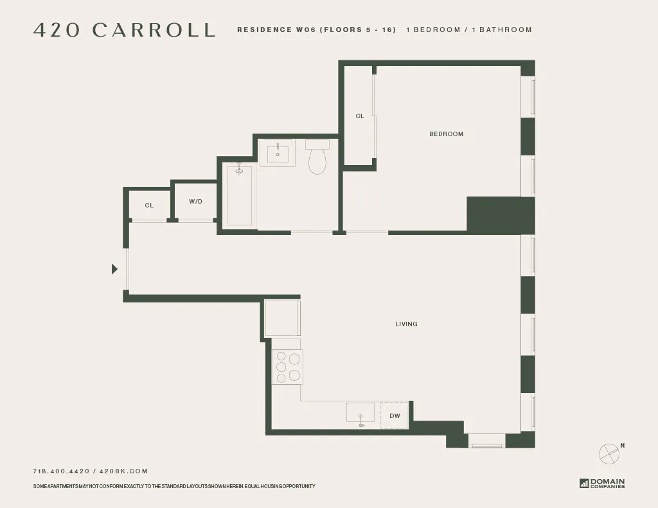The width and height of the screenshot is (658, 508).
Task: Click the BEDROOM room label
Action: click(x=446, y=134)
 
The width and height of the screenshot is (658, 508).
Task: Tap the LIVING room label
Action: click(x=406, y=324)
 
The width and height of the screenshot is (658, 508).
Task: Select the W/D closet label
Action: click(x=196, y=202)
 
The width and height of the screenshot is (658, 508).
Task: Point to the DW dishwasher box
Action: click(x=395, y=416)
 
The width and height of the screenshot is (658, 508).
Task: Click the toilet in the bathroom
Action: click(x=317, y=159)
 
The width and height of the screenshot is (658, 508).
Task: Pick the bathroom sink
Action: click(x=278, y=152)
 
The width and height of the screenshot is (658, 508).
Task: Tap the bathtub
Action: click(x=239, y=195)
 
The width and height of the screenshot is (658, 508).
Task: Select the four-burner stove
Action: click(x=287, y=367)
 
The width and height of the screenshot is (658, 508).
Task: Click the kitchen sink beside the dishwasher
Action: click(x=360, y=412)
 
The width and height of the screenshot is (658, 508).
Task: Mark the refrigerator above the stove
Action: click(x=283, y=317)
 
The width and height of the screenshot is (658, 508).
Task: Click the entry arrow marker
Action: click(x=115, y=269)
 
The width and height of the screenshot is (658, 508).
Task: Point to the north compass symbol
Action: click(x=609, y=453)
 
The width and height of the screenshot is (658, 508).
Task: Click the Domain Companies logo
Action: click(x=602, y=484)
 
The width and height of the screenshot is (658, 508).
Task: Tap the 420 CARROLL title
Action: click(x=124, y=30)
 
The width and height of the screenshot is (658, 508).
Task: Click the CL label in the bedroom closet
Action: click(x=360, y=116)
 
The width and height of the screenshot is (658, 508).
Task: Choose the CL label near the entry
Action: click(x=149, y=206)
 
